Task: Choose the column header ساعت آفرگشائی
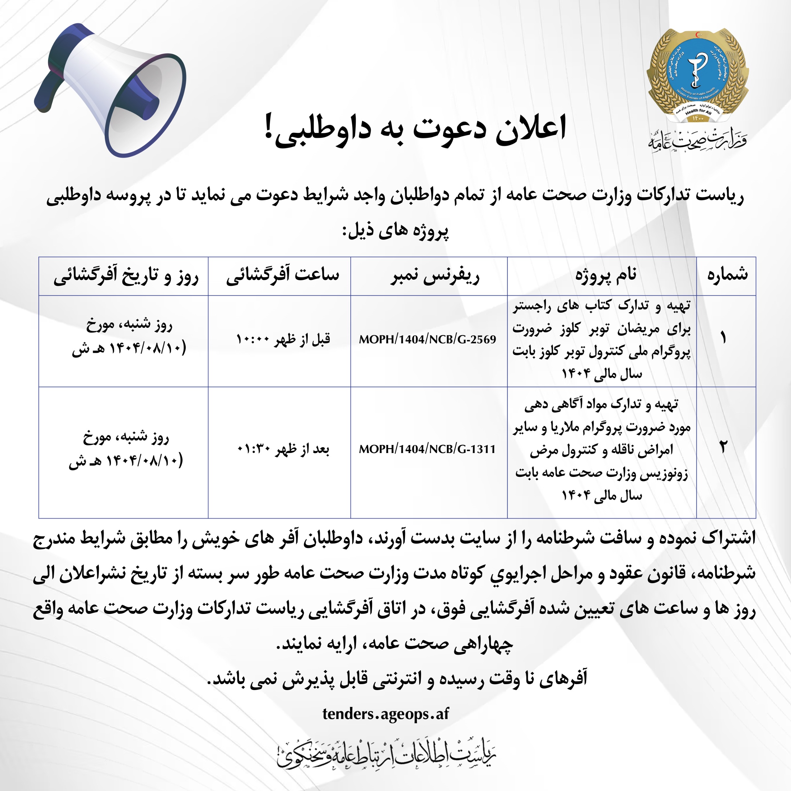(x=282, y=275)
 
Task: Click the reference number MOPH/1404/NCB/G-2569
(x=427, y=339)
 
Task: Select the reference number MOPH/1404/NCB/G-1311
(x=427, y=449)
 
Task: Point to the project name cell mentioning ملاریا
(x=602, y=450)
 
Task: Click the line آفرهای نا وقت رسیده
(x=397, y=679)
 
